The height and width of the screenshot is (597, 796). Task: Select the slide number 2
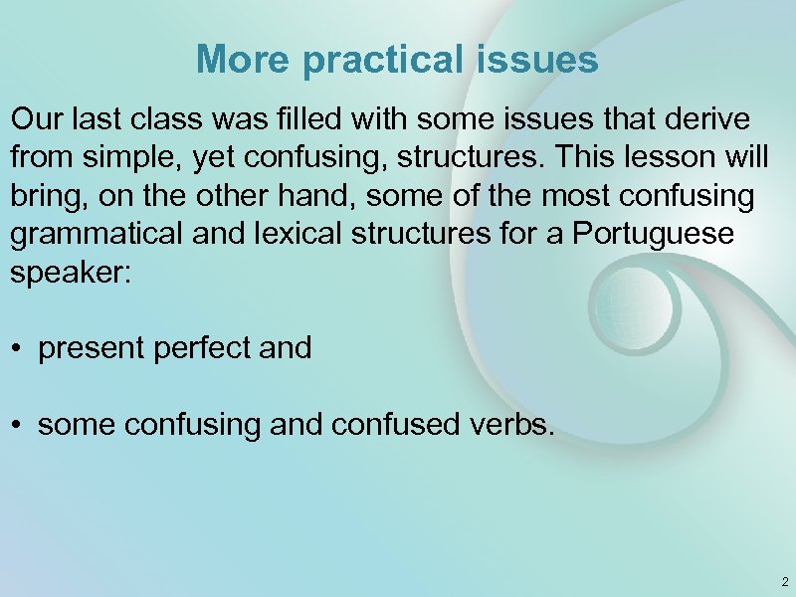785,581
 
